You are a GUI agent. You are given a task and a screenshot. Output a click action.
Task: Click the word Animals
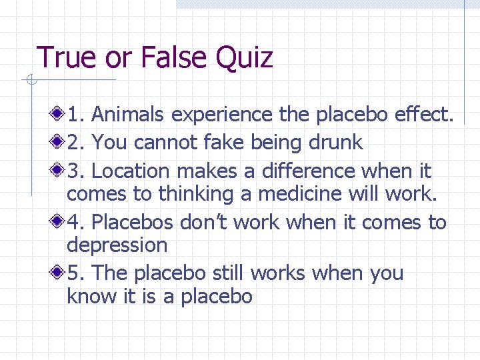(x=129, y=115)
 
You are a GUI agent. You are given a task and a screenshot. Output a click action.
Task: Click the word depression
(x=117, y=245)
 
